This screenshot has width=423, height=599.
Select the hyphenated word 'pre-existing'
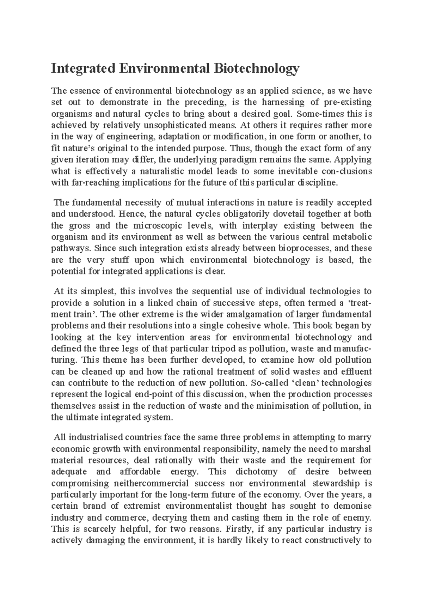[x=348, y=103]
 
